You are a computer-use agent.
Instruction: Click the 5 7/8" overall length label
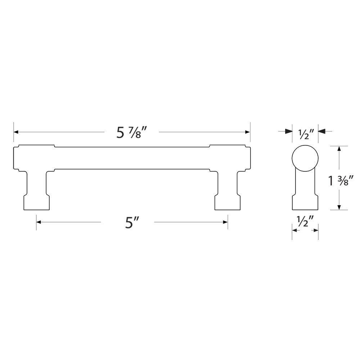(x=132, y=133)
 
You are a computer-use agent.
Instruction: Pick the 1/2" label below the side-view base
(x=305, y=221)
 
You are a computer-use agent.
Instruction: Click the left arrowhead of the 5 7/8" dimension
(x=17, y=132)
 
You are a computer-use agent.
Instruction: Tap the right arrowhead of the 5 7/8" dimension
(x=247, y=132)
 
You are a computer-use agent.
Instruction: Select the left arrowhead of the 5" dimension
(x=39, y=222)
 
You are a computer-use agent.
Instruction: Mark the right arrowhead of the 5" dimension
(x=225, y=222)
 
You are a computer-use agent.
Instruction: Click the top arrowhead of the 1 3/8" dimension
(x=339, y=149)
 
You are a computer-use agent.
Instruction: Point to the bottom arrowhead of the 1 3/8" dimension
(x=339, y=207)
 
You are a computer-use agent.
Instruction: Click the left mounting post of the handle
(x=36, y=191)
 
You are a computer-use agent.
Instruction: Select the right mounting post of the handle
(x=228, y=191)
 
